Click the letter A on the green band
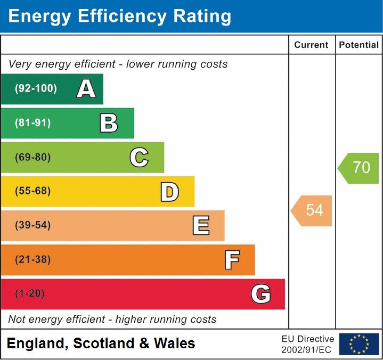(x=86, y=89)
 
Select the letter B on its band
(x=109, y=123)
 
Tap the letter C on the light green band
(x=139, y=157)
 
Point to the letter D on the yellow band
(x=169, y=192)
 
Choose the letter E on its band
(x=201, y=226)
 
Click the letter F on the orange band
(x=232, y=260)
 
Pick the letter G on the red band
(x=260, y=294)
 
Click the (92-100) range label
(x=36, y=89)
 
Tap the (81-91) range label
(x=33, y=123)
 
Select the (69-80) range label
(x=33, y=157)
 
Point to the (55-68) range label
(x=33, y=191)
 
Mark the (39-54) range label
(x=33, y=225)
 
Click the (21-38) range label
(x=33, y=259)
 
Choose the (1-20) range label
(x=30, y=293)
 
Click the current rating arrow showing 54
(x=312, y=210)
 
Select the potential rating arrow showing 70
(x=359, y=168)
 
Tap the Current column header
(x=312, y=45)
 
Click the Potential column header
(x=359, y=45)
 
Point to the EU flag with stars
(x=359, y=344)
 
